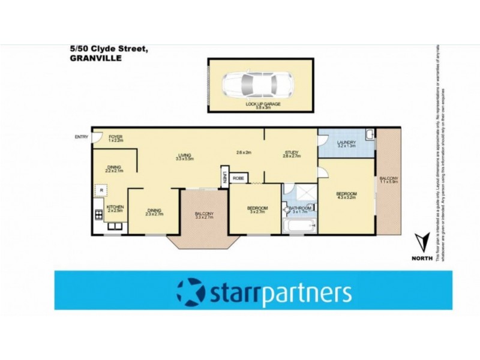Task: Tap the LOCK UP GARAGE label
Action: pyautogui.click(x=263, y=104)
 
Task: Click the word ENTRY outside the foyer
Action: pyautogui.click(x=81, y=137)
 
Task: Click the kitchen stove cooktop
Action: pyautogui.click(x=98, y=214)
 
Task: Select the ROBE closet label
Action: pyautogui.click(x=238, y=178)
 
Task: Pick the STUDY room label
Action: pyautogui.click(x=291, y=154)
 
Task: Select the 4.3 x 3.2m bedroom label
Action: pyautogui.click(x=346, y=195)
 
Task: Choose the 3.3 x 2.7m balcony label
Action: pyautogui.click(x=204, y=216)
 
